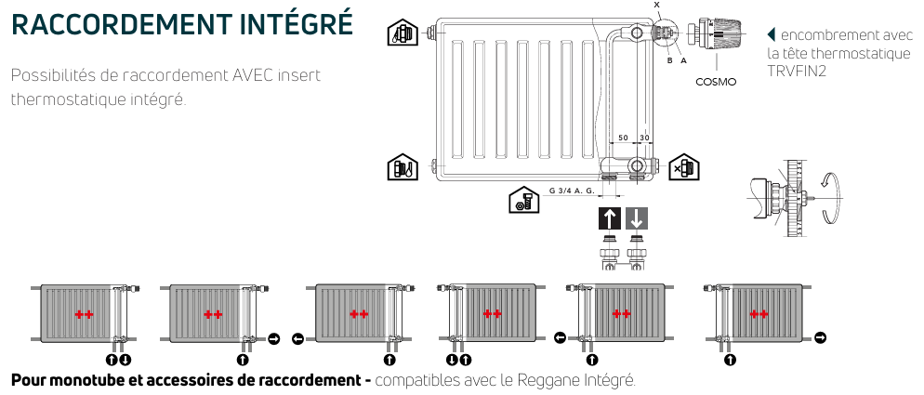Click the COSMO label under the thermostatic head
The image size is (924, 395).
click(716, 82)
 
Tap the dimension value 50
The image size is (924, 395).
click(623, 138)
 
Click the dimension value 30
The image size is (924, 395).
click(643, 138)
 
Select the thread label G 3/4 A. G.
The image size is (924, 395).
click(572, 191)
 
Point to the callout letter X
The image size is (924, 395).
click(656, 6)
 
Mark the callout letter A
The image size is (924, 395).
click(683, 60)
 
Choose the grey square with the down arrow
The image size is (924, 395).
click(637, 219)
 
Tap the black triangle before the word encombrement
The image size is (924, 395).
click(771, 35)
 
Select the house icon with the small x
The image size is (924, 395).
click(683, 167)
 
